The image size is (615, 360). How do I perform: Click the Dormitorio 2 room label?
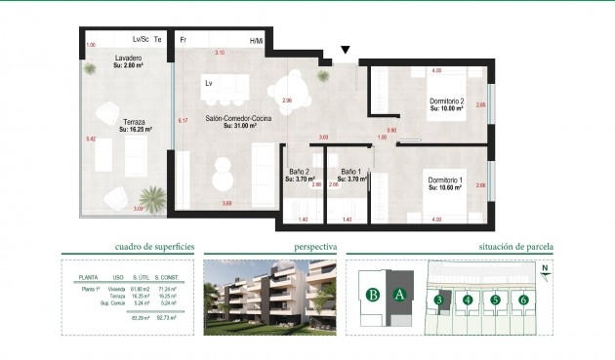coord(447,100)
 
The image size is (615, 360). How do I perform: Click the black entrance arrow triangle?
coord(345,50)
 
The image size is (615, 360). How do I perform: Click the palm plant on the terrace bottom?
coord(151,196)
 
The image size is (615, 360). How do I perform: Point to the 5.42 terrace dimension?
coord(91,140)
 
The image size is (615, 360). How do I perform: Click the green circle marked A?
coord(398,294)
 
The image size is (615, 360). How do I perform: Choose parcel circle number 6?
coord(523,300)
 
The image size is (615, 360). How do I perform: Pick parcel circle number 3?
coord(440,300)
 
